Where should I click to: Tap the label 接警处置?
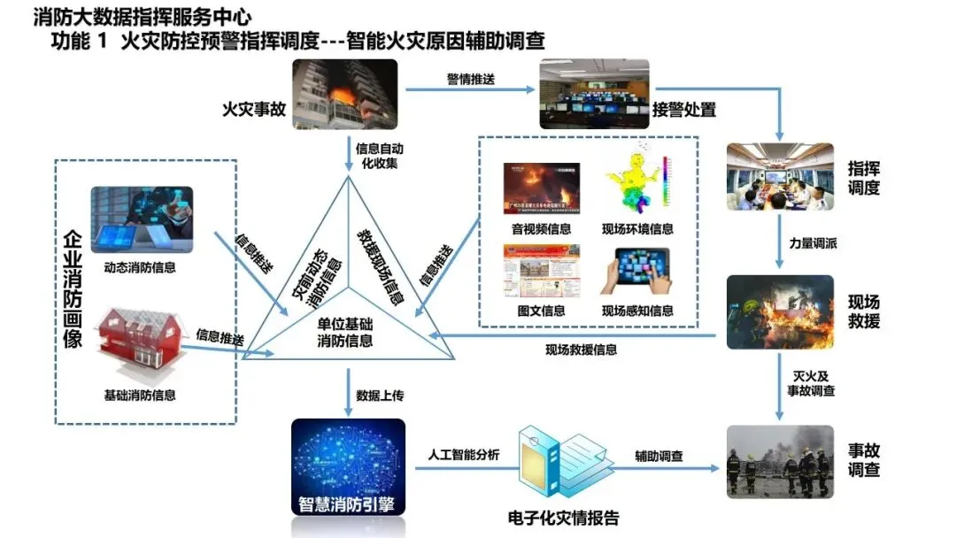tap(683, 110)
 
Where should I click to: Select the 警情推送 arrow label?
tap(470, 80)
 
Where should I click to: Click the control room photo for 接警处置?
tap(594, 94)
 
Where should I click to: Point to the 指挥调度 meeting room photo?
tap(779, 176)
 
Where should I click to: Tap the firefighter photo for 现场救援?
tap(779, 312)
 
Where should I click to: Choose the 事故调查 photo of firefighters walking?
tap(779, 459)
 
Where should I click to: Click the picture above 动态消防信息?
tap(142, 220)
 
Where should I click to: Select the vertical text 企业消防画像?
tap(72, 288)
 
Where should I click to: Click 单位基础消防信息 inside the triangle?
tap(345, 333)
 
